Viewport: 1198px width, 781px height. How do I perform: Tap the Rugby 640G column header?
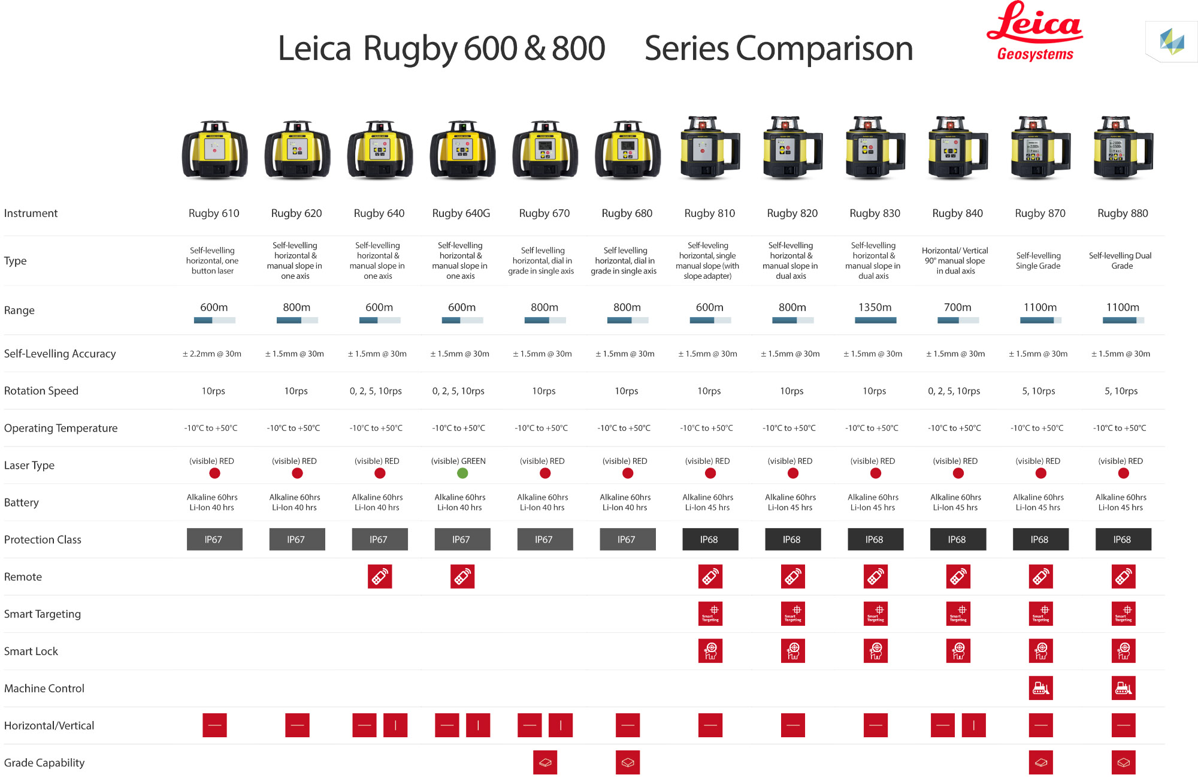click(x=461, y=213)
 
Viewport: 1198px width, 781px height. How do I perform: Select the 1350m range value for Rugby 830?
click(x=875, y=307)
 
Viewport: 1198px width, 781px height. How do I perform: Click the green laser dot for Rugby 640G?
click(x=462, y=474)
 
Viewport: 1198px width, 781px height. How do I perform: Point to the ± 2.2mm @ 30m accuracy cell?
click(x=212, y=354)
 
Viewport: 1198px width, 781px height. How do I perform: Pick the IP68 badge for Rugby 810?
click(x=710, y=539)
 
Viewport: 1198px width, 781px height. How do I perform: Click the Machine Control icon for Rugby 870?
click(x=1040, y=689)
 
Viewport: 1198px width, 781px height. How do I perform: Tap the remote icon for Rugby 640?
click(x=380, y=577)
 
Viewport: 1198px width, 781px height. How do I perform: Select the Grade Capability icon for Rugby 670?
click(x=545, y=762)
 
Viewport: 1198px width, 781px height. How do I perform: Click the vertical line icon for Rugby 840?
click(x=974, y=725)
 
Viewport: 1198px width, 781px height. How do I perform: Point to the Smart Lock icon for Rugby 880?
click(x=1123, y=651)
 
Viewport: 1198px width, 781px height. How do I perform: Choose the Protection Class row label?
click(x=43, y=539)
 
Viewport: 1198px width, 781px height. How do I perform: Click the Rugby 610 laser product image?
click(x=214, y=150)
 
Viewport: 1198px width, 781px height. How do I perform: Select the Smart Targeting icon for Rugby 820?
click(x=792, y=614)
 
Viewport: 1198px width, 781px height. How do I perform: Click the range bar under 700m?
click(x=958, y=321)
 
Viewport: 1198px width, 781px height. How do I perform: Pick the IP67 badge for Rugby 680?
click(x=627, y=539)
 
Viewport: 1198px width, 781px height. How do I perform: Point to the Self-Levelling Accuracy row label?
click(x=60, y=354)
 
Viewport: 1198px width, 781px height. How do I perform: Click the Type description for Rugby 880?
click(x=1121, y=261)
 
